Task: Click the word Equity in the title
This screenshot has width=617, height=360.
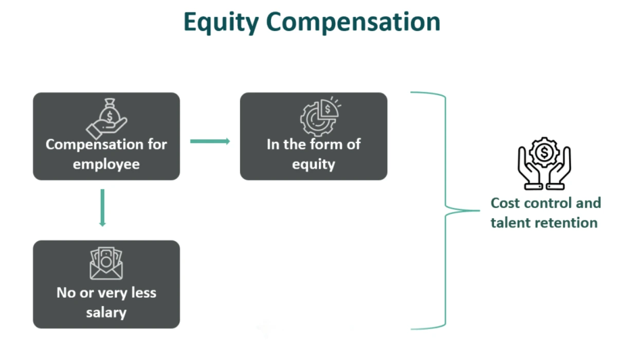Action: [x=220, y=23]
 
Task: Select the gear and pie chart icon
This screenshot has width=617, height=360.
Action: [x=318, y=115]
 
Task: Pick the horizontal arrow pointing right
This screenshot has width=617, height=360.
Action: [x=210, y=141]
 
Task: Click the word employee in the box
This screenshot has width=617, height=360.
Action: [x=106, y=165]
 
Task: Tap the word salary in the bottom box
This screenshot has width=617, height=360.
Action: [x=106, y=312]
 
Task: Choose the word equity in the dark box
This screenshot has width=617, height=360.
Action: [x=314, y=165]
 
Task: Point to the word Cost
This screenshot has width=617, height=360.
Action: [x=506, y=203]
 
